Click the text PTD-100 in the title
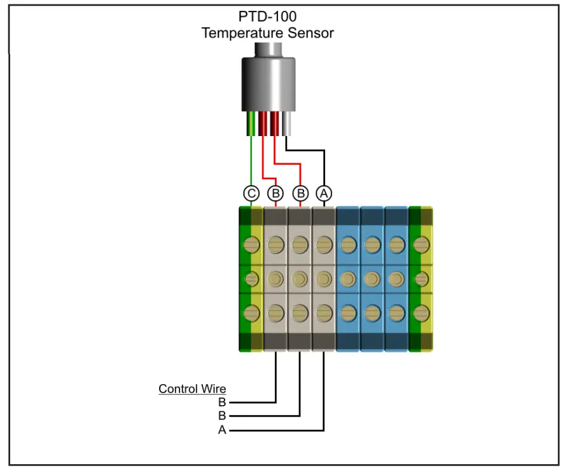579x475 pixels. tap(267, 17)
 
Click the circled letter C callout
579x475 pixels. tap(251, 193)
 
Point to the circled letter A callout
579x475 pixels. tap(324, 193)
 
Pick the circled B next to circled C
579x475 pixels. tap(276, 193)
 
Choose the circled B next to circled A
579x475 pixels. tap(300, 193)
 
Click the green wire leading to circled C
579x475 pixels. tap(251, 159)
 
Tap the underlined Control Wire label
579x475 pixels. tap(192, 389)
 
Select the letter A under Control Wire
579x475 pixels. tap(222, 430)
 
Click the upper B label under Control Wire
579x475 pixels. tap(222, 403)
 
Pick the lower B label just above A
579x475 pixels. tap(222, 416)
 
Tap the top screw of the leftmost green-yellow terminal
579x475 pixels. tap(252, 244)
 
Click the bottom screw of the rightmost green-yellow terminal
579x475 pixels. tap(420, 313)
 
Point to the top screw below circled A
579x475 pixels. tap(324, 244)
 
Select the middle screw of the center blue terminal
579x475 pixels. tap(372, 279)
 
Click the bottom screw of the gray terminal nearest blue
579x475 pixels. tap(324, 313)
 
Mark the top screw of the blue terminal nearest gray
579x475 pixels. tap(347, 244)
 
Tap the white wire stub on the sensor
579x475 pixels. tap(288, 123)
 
